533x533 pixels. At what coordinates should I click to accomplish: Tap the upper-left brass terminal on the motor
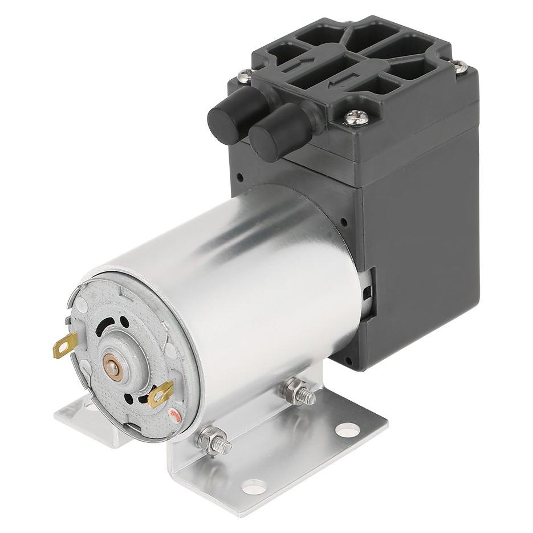[x=65, y=345]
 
